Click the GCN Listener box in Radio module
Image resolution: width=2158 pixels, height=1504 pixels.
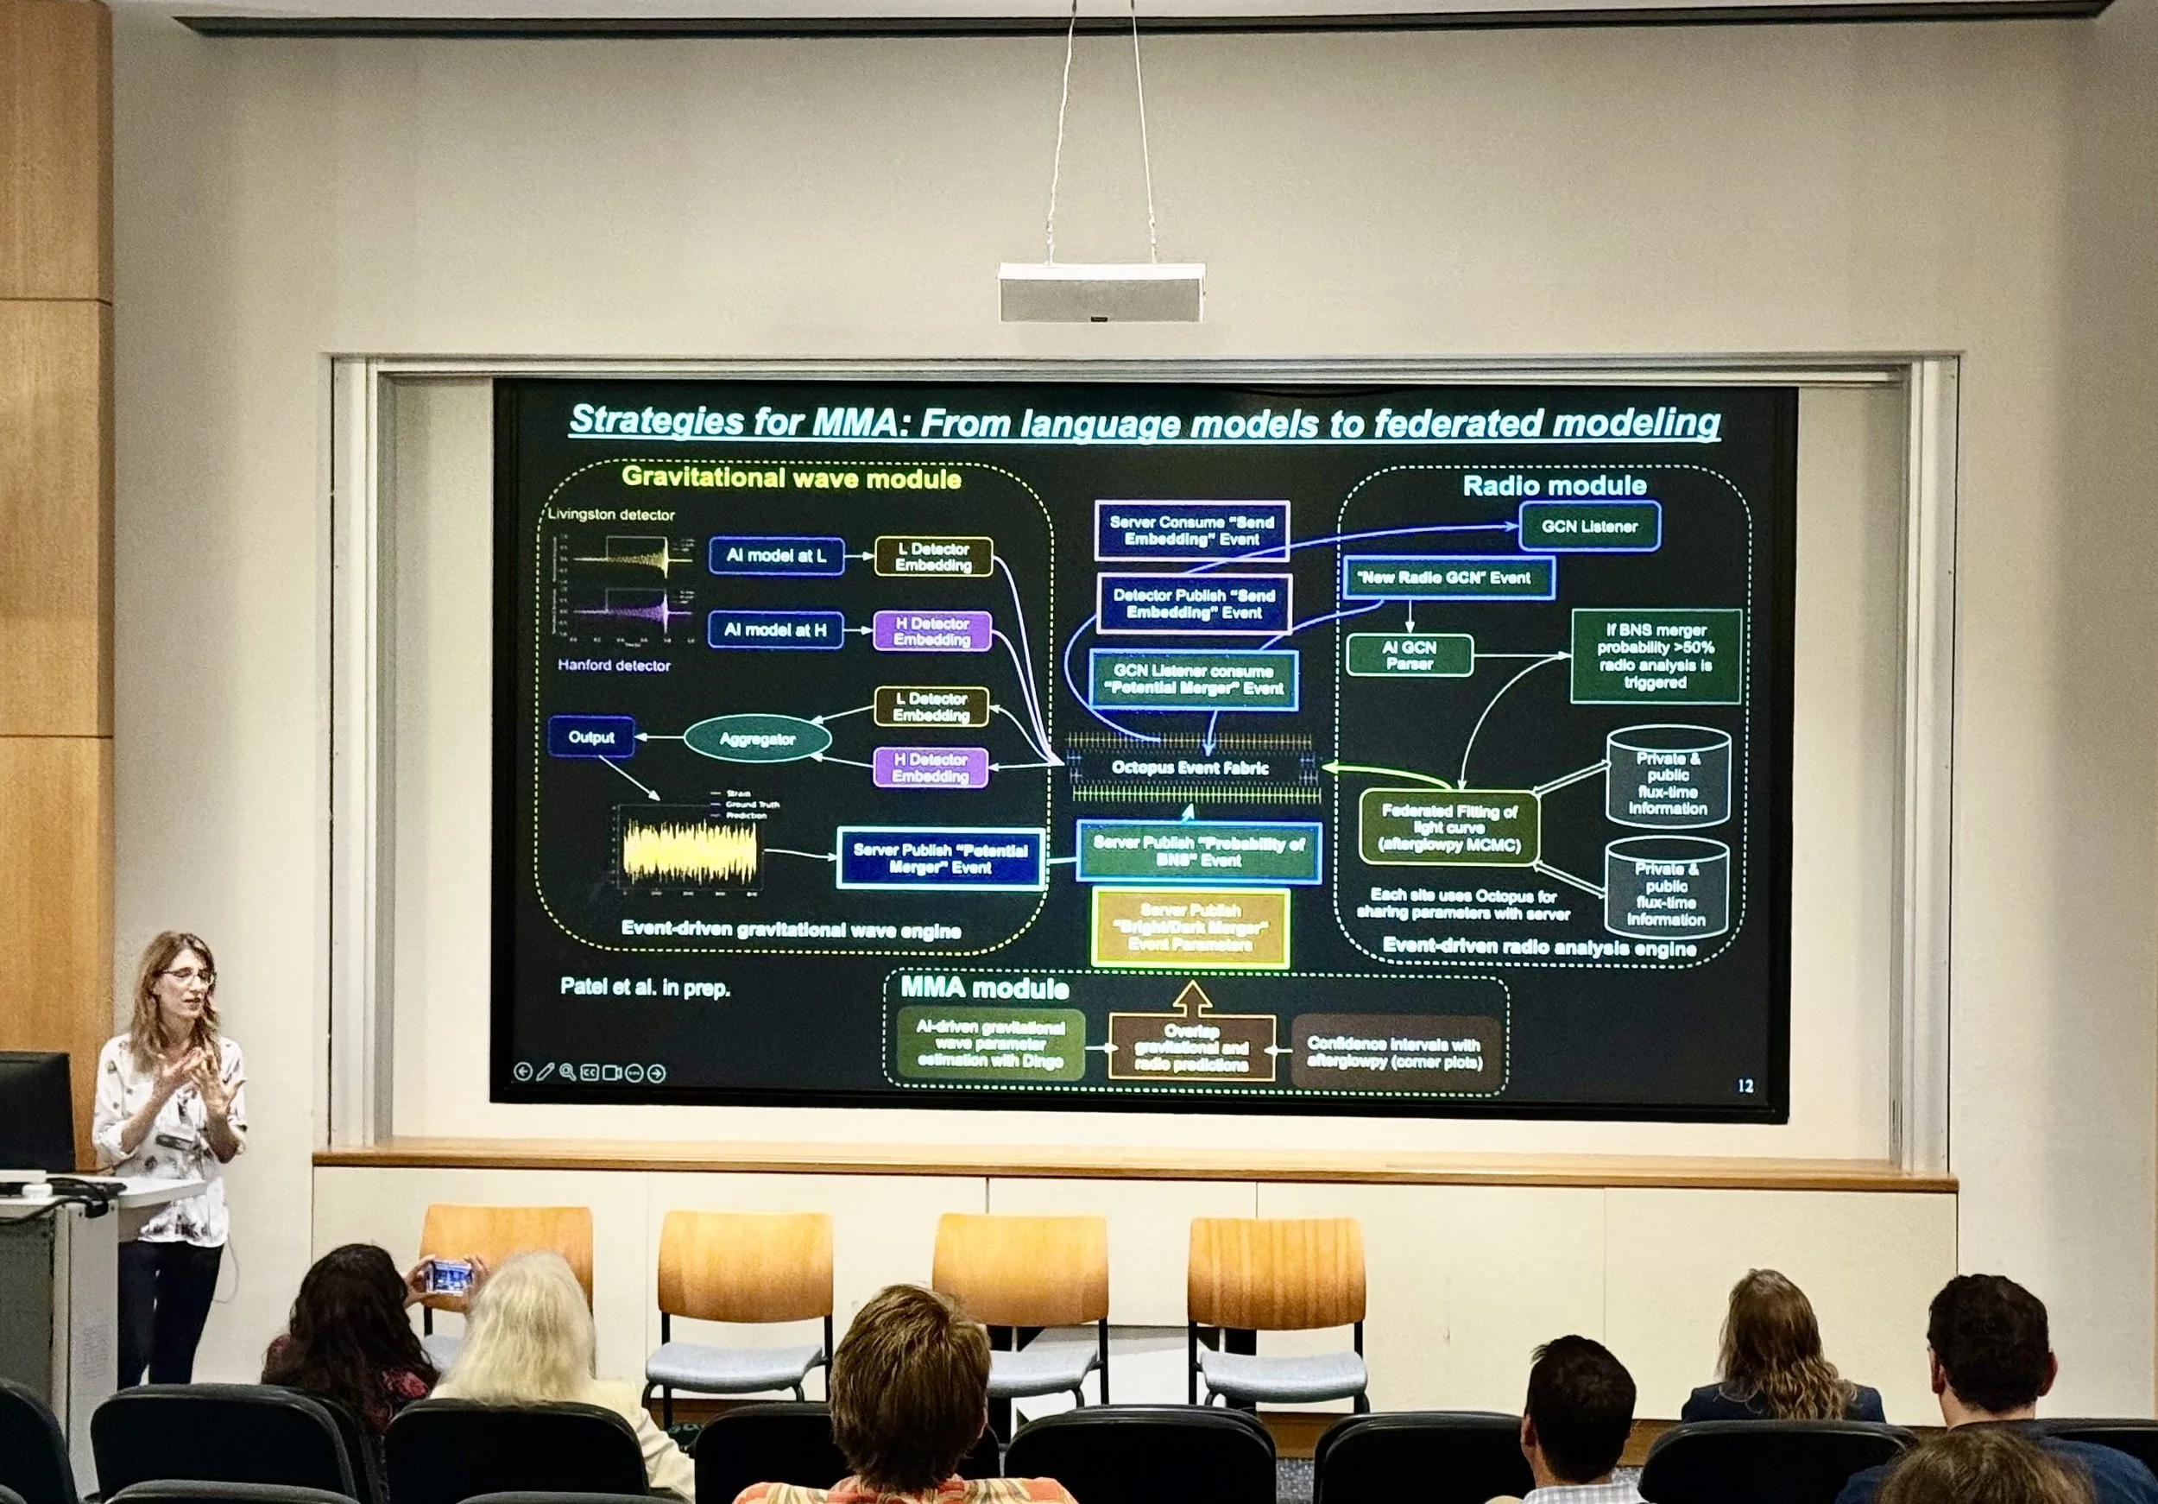click(1588, 527)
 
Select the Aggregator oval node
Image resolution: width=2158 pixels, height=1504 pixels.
click(757, 739)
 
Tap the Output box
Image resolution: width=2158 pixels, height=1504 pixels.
click(590, 737)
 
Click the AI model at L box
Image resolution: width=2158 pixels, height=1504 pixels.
click(775, 555)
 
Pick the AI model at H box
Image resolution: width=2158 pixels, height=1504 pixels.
click(774, 629)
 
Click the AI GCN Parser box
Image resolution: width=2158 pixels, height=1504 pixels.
click(1408, 655)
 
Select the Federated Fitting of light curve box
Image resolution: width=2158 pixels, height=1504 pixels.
click(1448, 827)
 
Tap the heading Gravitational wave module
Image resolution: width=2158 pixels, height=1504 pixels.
click(791, 478)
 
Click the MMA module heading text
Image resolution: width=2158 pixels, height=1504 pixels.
click(984, 988)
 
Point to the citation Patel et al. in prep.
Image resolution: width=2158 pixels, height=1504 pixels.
click(645, 987)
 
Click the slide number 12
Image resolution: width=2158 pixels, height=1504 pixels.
click(1745, 1086)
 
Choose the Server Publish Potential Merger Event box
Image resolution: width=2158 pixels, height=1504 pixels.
click(940, 858)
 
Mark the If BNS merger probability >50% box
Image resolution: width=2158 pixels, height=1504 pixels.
click(1655, 656)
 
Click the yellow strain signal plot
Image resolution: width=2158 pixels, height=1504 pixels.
click(688, 850)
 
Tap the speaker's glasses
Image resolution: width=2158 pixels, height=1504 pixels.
click(190, 976)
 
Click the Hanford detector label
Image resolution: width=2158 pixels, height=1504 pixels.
click(614, 666)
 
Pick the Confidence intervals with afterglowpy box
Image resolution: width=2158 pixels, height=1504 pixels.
click(1394, 1052)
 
